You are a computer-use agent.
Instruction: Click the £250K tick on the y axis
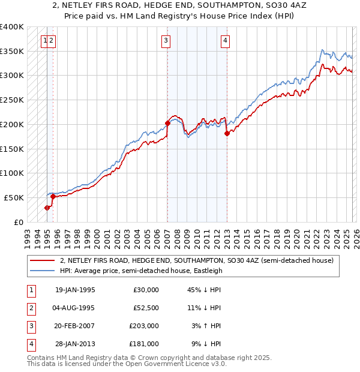pyautogui.click(x=12, y=100)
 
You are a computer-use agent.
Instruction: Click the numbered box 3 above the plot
pyautogui.click(x=165, y=41)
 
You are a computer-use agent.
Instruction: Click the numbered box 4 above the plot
pyautogui.click(x=224, y=41)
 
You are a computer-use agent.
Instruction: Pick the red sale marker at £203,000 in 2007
pyautogui.click(x=167, y=124)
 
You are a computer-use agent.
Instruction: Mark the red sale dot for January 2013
pyautogui.click(x=227, y=134)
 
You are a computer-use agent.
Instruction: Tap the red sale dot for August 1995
pyautogui.click(x=53, y=196)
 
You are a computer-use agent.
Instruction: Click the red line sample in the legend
pyautogui.click(x=42, y=261)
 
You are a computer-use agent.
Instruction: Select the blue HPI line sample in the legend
pyautogui.click(x=42, y=271)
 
